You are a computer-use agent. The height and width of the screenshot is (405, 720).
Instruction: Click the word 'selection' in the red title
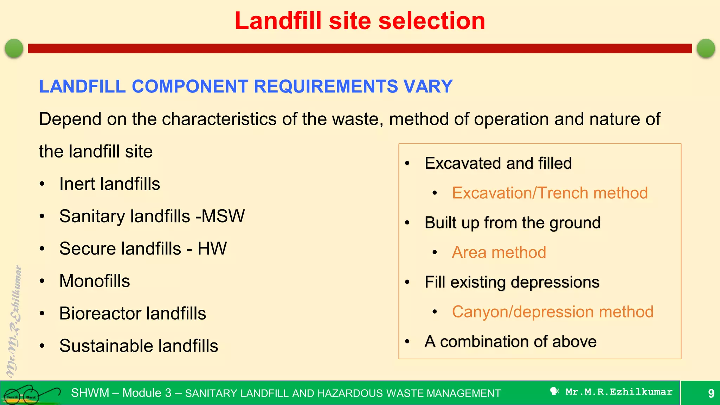[x=431, y=21]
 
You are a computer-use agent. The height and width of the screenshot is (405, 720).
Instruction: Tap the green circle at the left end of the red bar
[x=14, y=48]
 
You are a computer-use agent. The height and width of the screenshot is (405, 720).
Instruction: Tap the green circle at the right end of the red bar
[x=706, y=48]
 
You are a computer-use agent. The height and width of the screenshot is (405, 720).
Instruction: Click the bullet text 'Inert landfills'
[x=109, y=184]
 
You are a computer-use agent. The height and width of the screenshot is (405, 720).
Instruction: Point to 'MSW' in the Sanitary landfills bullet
[x=223, y=216]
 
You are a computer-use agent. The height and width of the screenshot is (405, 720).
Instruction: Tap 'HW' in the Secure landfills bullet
[x=212, y=249]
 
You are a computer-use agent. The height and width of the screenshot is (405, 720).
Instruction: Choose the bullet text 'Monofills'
[x=95, y=281]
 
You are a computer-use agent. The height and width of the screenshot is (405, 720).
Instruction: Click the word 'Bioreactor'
[x=100, y=313]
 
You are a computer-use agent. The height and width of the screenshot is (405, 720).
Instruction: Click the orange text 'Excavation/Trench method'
[x=549, y=193]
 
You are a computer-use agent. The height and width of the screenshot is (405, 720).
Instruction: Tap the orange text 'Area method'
[x=499, y=252]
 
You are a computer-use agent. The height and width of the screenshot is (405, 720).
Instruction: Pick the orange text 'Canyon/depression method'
[x=552, y=312]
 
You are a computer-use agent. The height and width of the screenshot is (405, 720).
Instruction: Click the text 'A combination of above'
[x=510, y=342]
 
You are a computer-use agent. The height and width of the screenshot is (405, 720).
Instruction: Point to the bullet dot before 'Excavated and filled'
[x=407, y=163]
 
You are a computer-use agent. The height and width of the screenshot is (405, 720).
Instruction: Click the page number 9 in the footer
[x=711, y=393]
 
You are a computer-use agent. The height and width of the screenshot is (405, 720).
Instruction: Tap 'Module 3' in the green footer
[x=147, y=393]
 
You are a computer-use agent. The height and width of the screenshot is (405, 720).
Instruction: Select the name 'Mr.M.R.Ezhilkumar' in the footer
[x=618, y=392]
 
